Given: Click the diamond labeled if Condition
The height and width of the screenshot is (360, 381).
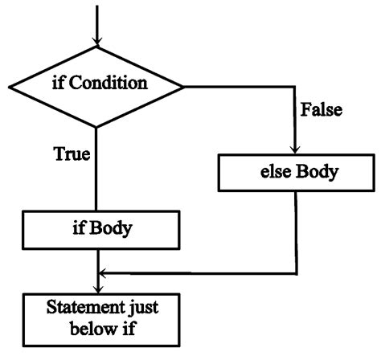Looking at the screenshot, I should (x=96, y=84).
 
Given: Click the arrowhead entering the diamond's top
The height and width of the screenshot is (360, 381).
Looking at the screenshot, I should (x=96, y=39).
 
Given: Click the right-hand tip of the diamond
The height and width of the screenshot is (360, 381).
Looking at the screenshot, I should (x=183, y=84).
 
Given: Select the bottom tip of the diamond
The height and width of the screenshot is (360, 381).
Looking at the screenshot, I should (x=96, y=125).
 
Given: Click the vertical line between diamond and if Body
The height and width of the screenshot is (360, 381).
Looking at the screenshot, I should (x=96, y=169).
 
